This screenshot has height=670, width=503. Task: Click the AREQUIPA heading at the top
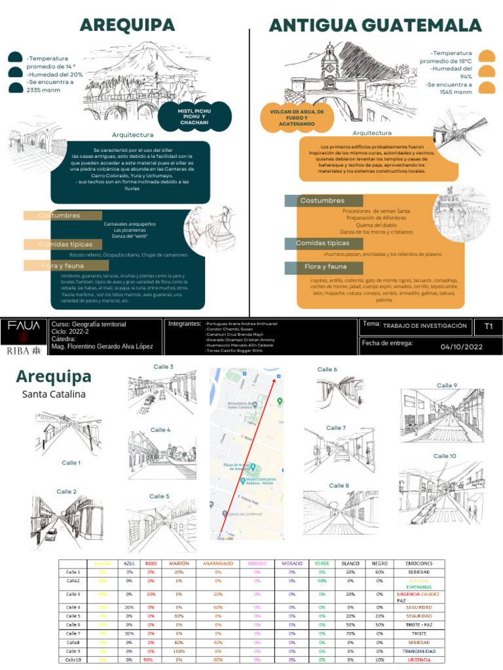coord(127,25)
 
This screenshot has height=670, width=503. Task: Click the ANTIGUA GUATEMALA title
coord(375,26)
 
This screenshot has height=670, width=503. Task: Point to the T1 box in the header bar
coord(489,326)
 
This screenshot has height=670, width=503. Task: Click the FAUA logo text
coord(23,325)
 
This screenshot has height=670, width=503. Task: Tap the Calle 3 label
coord(163,366)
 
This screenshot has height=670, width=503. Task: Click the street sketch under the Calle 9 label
coord(442,416)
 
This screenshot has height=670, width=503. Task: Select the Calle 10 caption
coord(444,456)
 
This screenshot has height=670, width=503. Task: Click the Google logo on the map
coord(225,538)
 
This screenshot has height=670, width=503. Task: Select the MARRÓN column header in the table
coord(179,563)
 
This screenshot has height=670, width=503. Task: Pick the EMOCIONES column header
coord(419,563)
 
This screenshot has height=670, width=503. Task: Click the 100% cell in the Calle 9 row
coord(179,651)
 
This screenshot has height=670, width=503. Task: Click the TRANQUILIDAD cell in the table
coord(419,651)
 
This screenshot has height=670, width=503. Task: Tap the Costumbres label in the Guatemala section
coord(322,200)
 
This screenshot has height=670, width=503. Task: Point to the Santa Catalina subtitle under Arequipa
coord(54,395)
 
